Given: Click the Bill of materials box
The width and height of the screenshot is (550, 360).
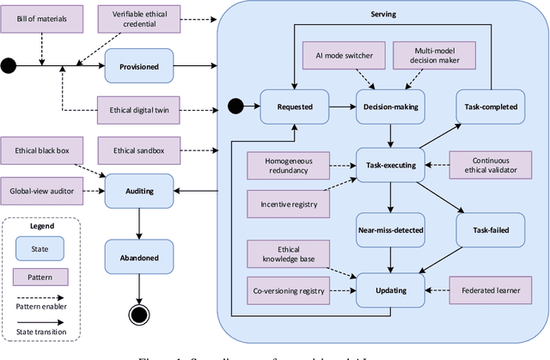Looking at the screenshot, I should pyautogui.click(x=42, y=17).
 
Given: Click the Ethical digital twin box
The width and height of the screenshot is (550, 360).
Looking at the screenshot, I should pyautogui.click(x=139, y=111).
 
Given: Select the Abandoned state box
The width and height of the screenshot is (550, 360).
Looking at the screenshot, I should pyautogui.click(x=138, y=256).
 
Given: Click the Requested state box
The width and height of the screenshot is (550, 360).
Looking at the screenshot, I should pyautogui.click(x=294, y=107).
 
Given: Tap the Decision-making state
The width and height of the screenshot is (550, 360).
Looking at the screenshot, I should pyautogui.click(x=392, y=107).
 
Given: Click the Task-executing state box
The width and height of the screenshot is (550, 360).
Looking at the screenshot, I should pyautogui.click(x=392, y=164).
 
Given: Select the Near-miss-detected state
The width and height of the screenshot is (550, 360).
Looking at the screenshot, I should pyautogui.click(x=392, y=230).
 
